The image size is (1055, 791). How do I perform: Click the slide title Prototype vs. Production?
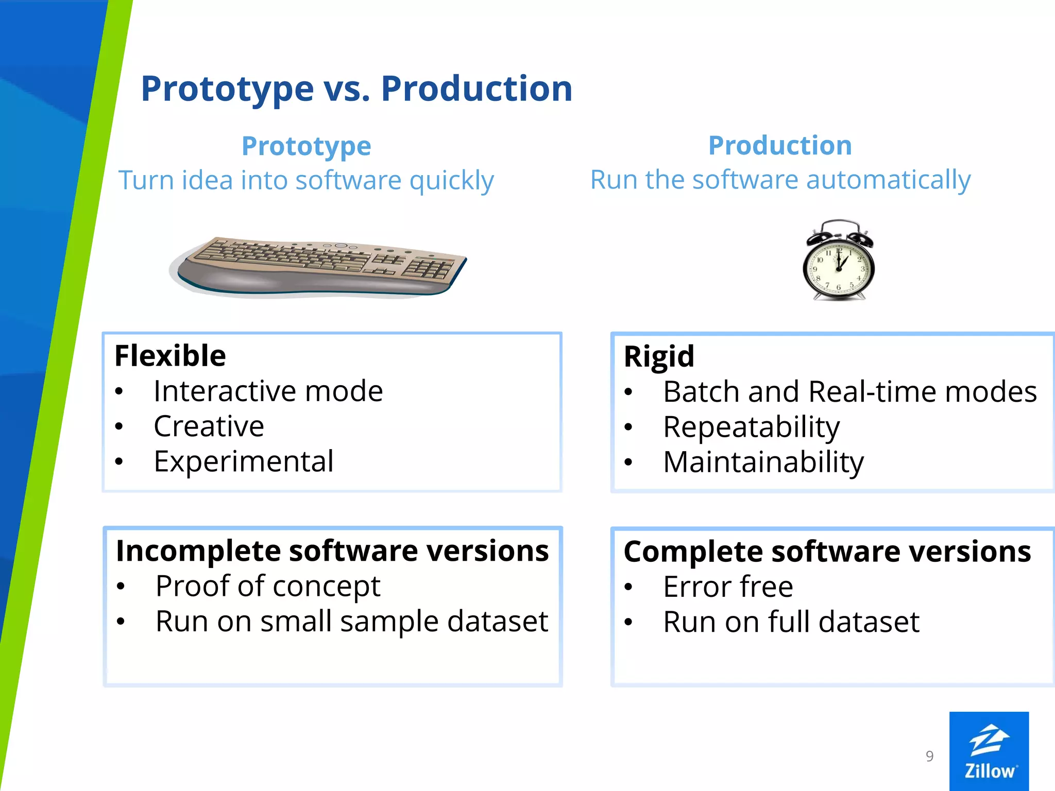(356, 89)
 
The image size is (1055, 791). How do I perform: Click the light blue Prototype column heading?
(306, 146)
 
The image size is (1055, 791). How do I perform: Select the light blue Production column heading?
(779, 145)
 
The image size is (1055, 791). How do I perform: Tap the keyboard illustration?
(318, 267)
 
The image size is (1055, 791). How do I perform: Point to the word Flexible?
(170, 356)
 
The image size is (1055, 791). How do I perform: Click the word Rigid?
(658, 356)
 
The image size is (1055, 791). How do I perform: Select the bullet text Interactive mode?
(268, 391)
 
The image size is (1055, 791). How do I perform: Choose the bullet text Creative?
(209, 426)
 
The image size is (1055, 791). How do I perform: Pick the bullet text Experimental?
(243, 461)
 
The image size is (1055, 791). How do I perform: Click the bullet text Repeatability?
(751, 427)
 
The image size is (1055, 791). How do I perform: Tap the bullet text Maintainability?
(763, 462)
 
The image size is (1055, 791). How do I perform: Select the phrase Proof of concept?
(268, 586)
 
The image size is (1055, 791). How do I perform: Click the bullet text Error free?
(727, 587)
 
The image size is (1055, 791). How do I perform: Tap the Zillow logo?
(989, 751)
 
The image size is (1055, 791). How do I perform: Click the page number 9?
(929, 756)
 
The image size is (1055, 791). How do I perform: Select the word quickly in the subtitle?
(451, 181)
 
